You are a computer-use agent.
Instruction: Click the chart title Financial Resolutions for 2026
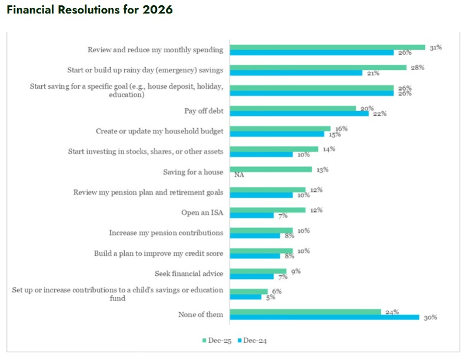click(x=90, y=11)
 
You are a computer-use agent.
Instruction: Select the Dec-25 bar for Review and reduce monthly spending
click(x=327, y=47)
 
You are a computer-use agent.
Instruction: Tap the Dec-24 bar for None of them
click(x=324, y=317)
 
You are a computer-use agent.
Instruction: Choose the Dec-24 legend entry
click(x=254, y=341)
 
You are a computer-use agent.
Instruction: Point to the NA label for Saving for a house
click(x=239, y=175)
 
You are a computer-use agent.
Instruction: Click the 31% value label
click(x=435, y=47)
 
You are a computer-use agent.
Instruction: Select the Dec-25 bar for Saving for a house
click(x=271, y=169)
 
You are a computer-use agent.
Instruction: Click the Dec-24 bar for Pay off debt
click(x=299, y=114)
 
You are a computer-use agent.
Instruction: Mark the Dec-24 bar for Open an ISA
click(x=252, y=215)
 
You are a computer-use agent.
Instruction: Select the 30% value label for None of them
click(x=431, y=318)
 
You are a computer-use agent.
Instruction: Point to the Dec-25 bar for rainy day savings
click(x=318, y=68)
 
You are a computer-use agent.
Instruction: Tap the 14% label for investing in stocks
click(x=328, y=149)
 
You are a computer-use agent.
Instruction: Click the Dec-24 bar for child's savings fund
click(x=245, y=297)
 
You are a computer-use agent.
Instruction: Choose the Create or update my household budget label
click(x=159, y=131)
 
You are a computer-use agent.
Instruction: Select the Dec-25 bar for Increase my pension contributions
click(x=261, y=231)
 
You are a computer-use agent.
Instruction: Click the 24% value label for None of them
click(x=392, y=312)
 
